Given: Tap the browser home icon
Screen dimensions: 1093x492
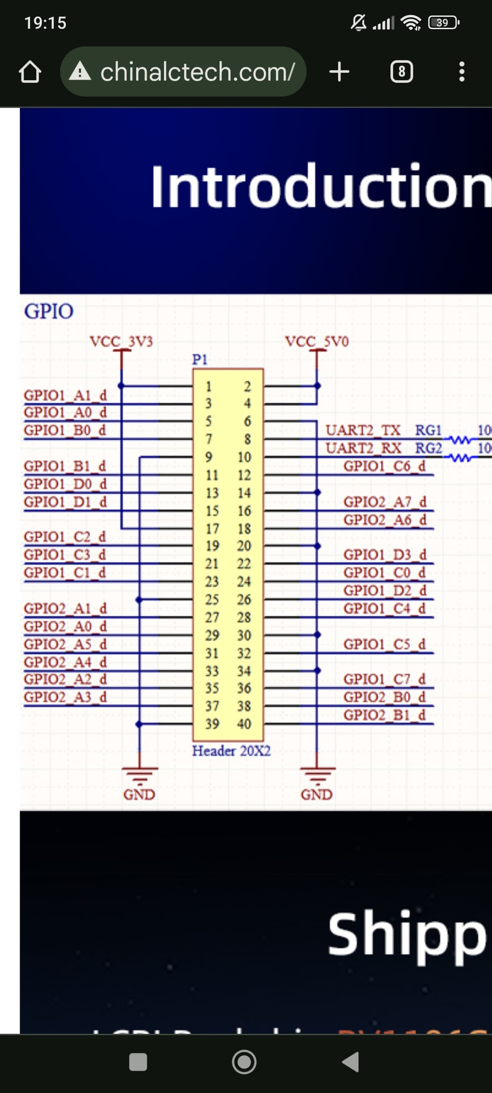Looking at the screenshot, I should coord(30,72).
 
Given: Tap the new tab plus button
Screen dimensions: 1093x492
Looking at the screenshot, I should coord(339,72).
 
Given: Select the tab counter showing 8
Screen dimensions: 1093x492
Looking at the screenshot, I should coord(402,72).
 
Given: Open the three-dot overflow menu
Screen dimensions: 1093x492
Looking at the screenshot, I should coord(462,72).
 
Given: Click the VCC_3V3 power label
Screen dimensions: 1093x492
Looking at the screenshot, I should coord(121,341).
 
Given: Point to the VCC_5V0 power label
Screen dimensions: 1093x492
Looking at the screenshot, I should coord(317,341).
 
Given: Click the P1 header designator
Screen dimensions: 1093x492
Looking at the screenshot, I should coord(200,360).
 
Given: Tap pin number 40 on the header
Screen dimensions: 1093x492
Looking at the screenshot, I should coord(244,724).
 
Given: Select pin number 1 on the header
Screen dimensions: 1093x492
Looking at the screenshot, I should coord(209,387).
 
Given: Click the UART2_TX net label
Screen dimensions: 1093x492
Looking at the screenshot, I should coord(363,430).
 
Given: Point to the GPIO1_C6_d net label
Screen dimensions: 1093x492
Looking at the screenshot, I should coord(384,466).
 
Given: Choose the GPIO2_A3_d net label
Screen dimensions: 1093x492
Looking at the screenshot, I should coord(65,697).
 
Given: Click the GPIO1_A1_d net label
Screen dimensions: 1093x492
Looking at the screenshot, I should coord(65,395).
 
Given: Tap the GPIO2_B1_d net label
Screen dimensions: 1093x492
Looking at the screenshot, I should coord(384,715).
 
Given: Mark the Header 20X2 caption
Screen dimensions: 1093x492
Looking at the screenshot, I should coord(231,751).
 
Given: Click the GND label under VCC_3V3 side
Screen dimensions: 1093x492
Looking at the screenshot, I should coord(139,795).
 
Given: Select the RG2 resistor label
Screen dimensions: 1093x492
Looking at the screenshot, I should coord(428,448).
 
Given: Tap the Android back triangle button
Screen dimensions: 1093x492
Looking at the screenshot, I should coord(351,1062).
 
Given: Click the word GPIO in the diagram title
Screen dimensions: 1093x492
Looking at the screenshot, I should coord(49,312).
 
